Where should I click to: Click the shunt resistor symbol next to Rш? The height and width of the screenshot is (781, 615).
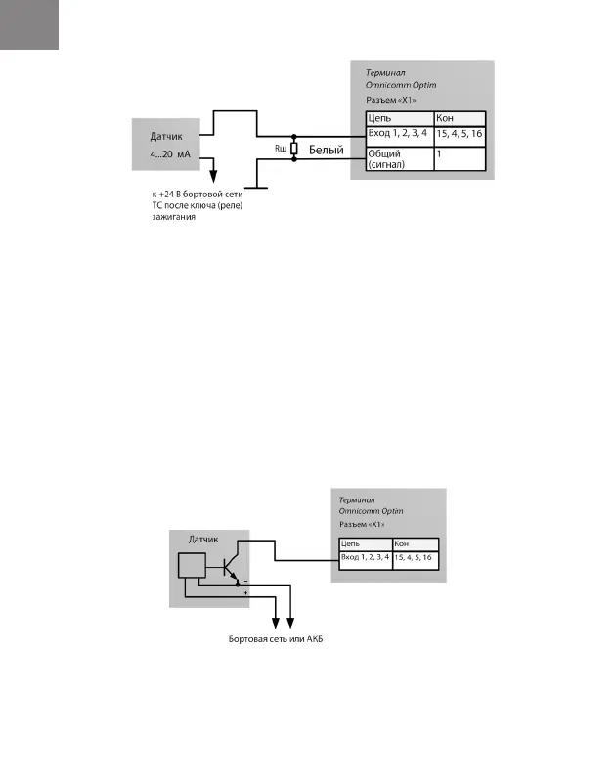coord(293,148)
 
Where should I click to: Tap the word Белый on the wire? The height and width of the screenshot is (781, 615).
coord(327,152)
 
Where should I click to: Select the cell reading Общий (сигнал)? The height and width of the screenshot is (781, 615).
coord(395,159)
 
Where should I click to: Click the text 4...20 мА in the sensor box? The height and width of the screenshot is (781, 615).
coord(170,156)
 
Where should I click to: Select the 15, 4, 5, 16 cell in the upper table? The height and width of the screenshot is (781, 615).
coord(459,133)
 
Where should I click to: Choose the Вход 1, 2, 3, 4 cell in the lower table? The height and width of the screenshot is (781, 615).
coord(365,557)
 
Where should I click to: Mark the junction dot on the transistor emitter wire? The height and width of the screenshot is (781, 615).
coord(238,583)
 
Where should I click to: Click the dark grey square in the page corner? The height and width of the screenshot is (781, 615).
coord(29,24)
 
